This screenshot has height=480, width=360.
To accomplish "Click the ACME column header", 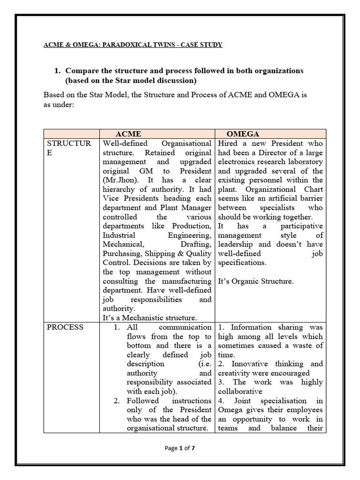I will click(128, 134).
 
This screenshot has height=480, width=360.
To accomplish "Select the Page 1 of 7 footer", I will click(180, 448).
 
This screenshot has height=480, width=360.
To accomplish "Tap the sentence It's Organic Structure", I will click(255, 281).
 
